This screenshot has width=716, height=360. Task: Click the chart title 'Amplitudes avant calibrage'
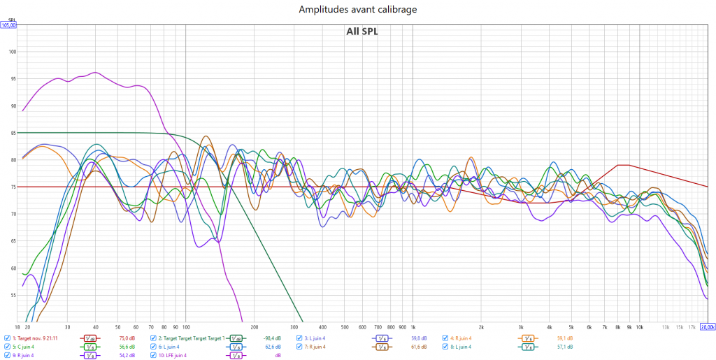(x=357, y=9)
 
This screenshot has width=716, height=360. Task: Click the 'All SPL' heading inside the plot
(x=361, y=31)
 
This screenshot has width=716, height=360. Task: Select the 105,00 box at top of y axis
(x=8, y=25)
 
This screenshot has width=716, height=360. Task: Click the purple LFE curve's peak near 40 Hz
(x=96, y=73)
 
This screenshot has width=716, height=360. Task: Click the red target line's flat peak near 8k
(x=623, y=165)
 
